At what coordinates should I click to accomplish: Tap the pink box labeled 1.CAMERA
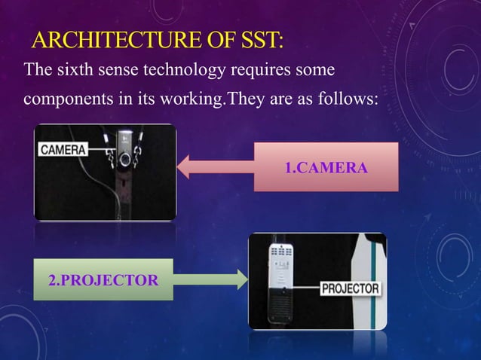pos(326,166)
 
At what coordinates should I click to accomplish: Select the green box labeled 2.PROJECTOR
pos(103,280)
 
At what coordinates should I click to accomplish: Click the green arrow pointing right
pos(210,280)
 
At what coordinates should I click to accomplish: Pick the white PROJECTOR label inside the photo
pos(351,288)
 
